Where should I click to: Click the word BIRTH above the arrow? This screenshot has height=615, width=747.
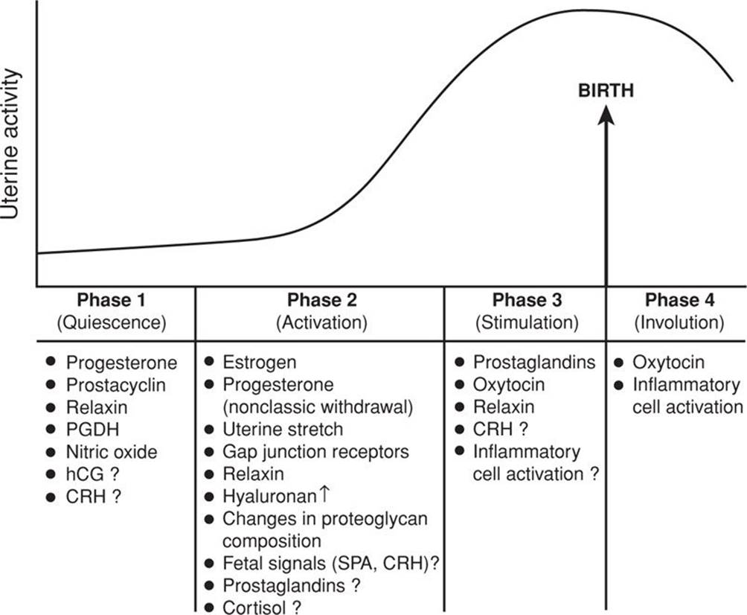[606, 91]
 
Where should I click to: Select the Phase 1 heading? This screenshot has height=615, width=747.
[111, 301]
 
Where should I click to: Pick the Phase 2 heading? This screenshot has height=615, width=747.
[322, 301]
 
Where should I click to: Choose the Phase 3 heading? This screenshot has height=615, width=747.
[527, 301]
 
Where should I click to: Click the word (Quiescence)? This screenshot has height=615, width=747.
[111, 323]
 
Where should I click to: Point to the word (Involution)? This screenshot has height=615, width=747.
[679, 323]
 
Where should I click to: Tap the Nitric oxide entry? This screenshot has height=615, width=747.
[112, 453]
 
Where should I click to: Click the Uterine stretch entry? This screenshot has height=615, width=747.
[283, 430]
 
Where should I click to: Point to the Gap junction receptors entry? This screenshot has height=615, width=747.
[315, 452]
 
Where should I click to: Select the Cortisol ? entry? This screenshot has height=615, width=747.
[262, 607]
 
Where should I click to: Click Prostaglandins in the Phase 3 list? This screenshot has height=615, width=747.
[534, 363]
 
